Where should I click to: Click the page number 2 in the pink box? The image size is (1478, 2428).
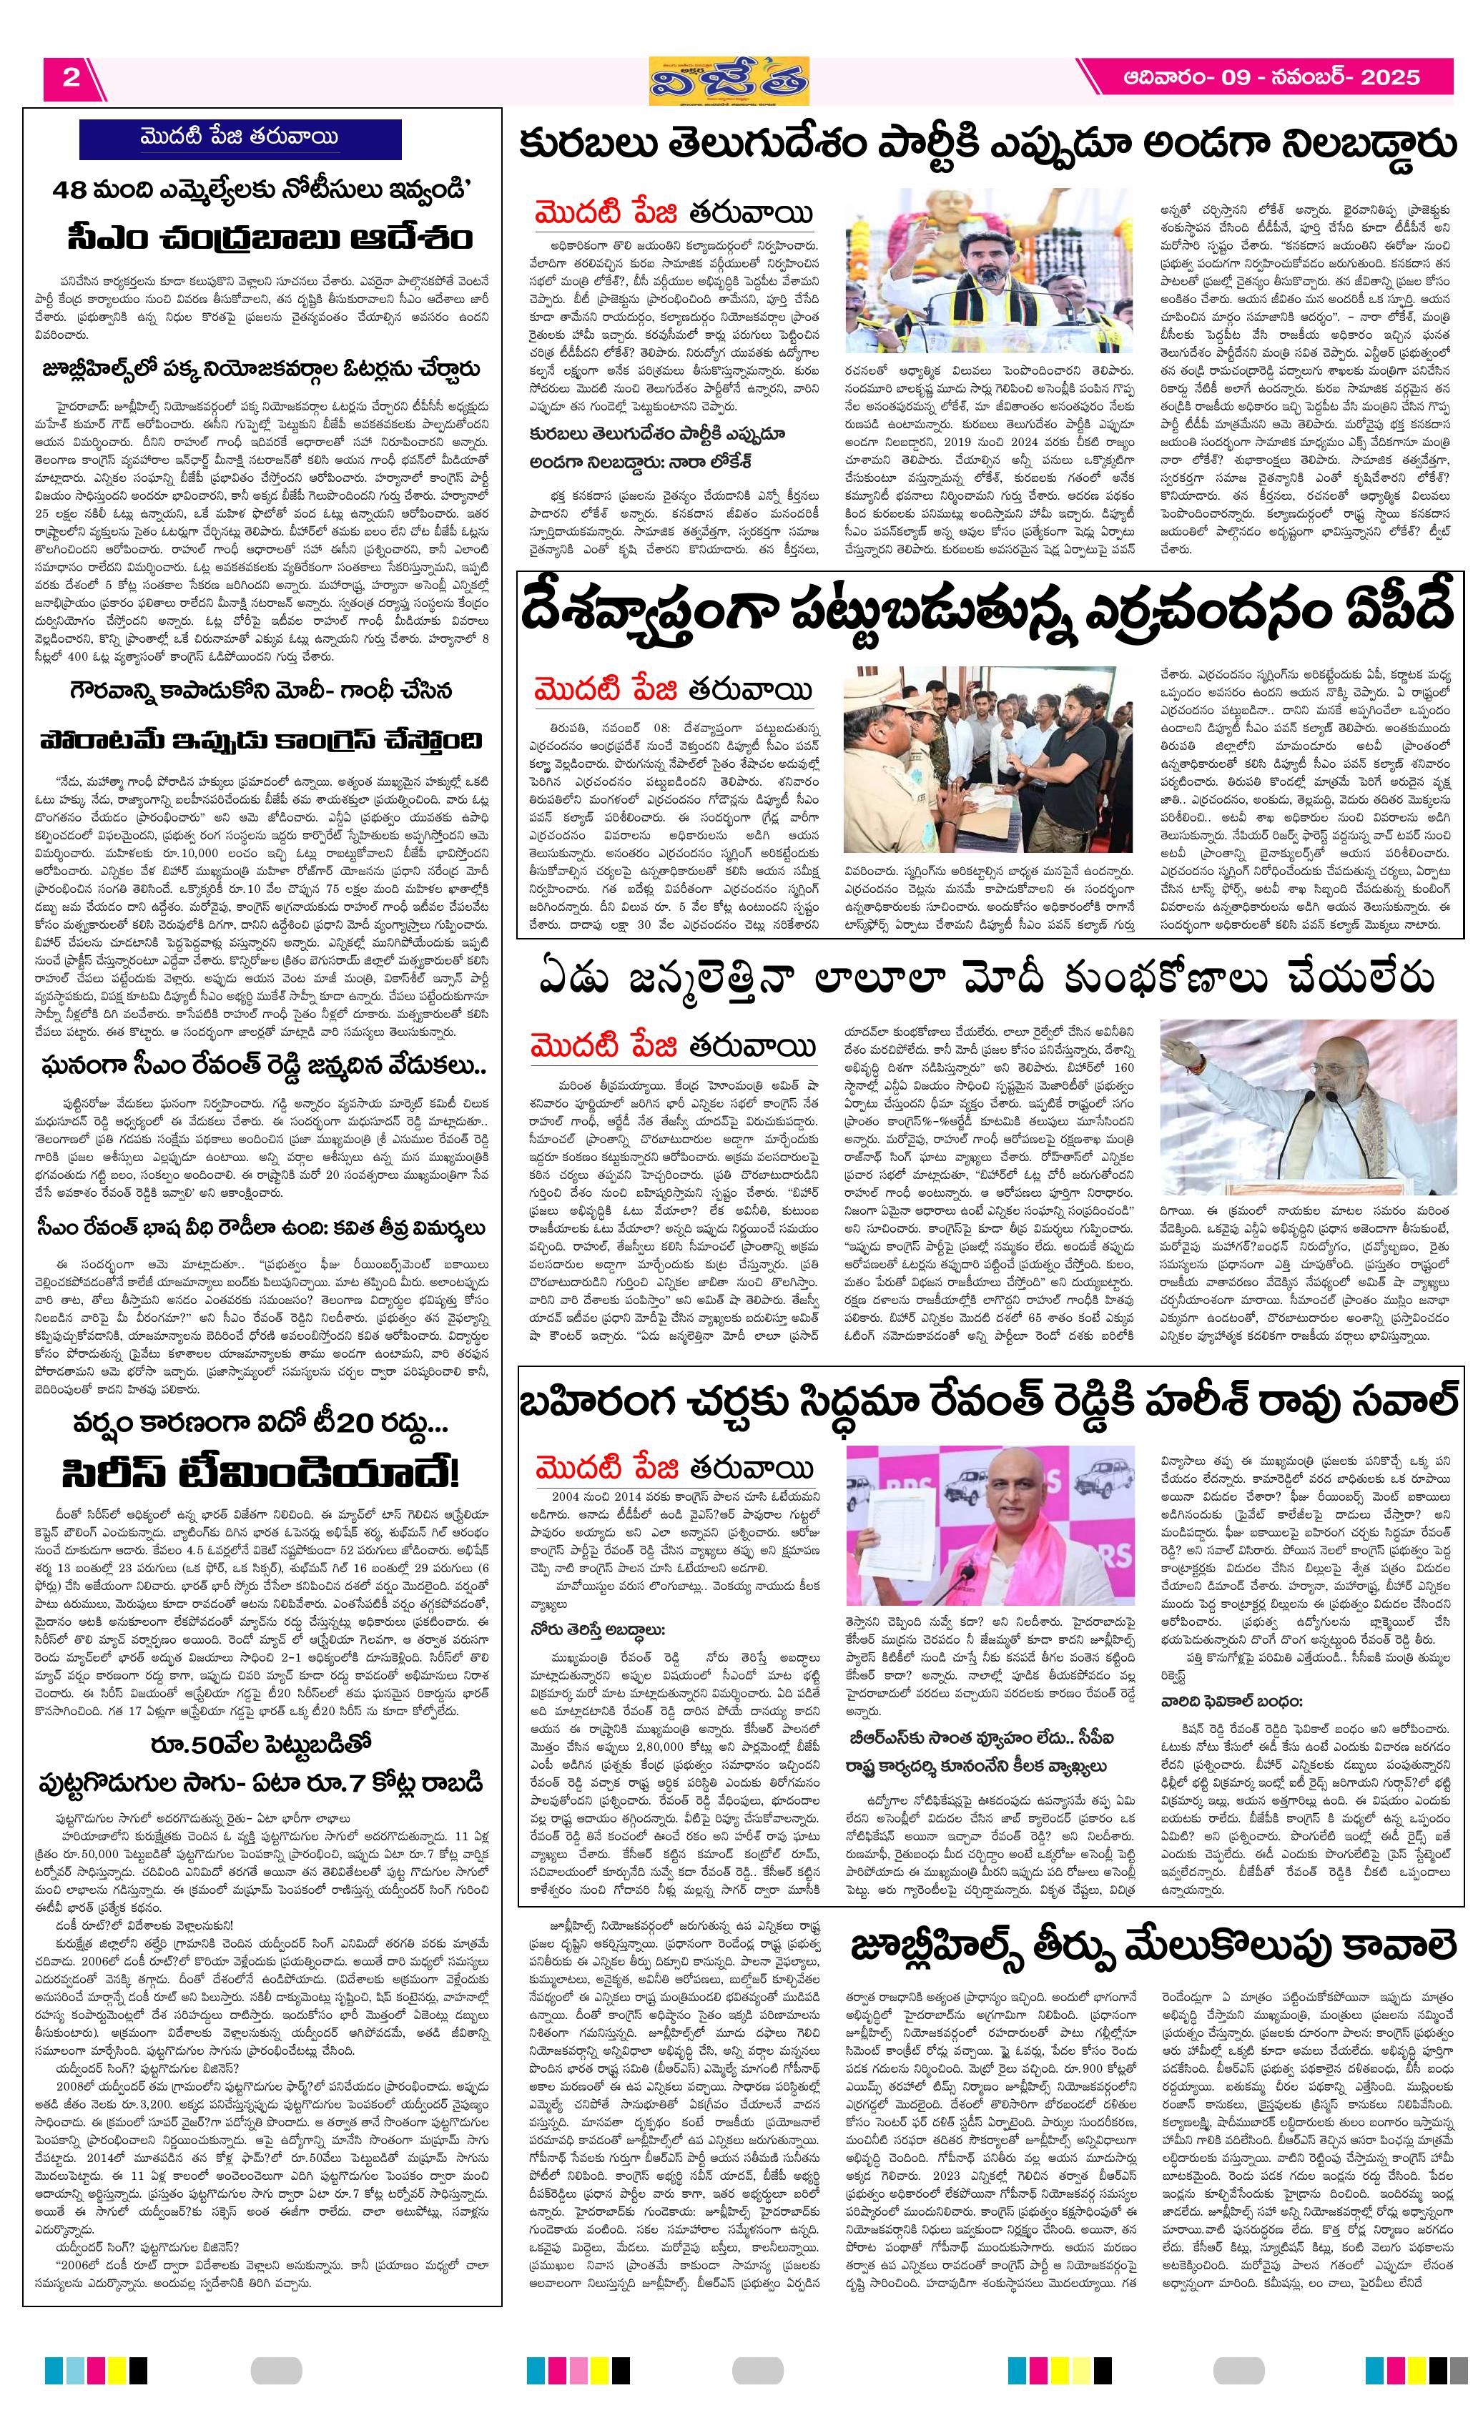click(x=71, y=78)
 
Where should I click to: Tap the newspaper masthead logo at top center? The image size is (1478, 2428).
click(x=729, y=80)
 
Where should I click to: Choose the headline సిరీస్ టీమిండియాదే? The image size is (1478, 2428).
click(x=260, y=1473)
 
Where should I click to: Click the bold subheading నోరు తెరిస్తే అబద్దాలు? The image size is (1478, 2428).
click(x=599, y=1630)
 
